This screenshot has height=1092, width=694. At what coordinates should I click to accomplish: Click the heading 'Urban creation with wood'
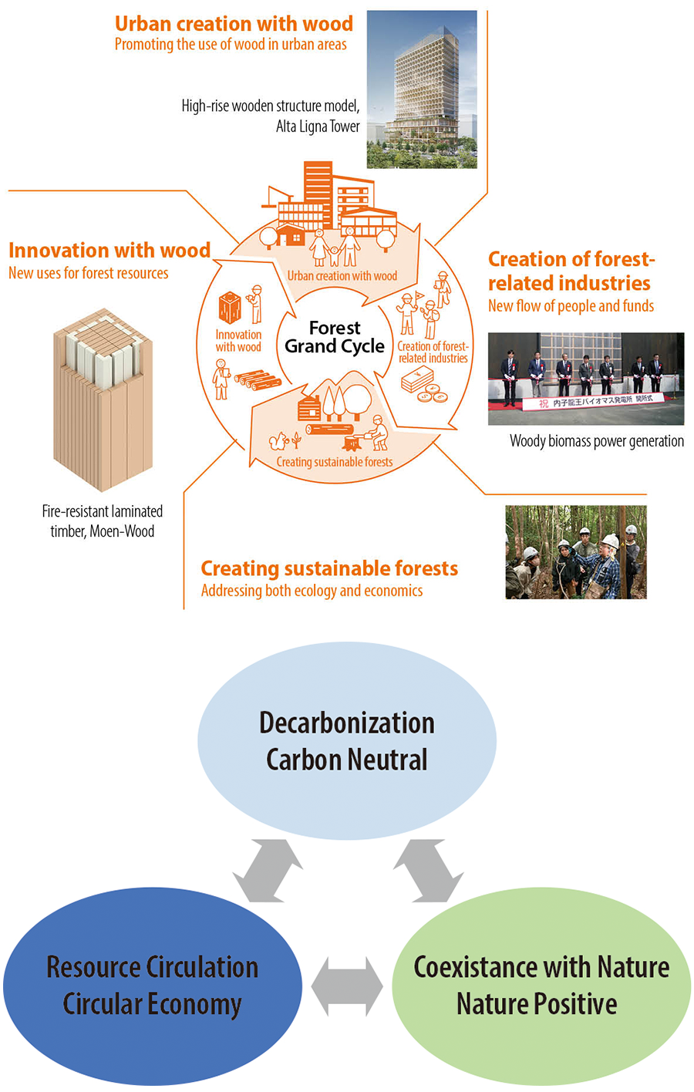click(x=234, y=24)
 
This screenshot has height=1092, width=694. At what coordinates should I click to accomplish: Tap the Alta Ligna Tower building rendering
click(x=421, y=89)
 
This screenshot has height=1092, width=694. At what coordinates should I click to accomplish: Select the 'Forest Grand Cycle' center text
click(x=334, y=337)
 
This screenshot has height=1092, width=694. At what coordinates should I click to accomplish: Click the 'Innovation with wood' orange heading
click(x=109, y=251)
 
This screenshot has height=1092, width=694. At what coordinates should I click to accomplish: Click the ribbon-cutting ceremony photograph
click(x=585, y=378)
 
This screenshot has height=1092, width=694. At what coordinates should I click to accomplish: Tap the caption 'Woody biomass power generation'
click(x=596, y=441)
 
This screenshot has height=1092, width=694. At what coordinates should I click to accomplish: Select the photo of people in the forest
click(x=575, y=552)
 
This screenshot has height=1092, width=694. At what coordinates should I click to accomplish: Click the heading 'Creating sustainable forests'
click(x=329, y=569)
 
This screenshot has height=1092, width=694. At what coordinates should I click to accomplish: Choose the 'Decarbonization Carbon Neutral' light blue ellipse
click(x=346, y=740)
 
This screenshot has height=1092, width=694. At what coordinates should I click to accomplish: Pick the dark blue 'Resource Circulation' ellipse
click(x=152, y=986)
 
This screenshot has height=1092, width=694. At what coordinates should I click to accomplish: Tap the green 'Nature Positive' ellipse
click(x=541, y=986)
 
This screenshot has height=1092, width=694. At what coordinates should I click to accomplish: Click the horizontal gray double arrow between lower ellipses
click(x=346, y=986)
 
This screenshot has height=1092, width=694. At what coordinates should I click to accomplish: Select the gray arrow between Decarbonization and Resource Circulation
click(x=268, y=871)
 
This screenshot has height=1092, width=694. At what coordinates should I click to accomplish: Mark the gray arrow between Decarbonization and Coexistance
click(x=428, y=871)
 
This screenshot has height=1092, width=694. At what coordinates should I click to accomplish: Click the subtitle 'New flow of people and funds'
click(x=571, y=306)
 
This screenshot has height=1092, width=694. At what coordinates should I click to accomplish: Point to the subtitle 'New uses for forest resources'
click(x=88, y=273)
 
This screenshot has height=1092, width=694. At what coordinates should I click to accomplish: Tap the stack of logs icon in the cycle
click(x=258, y=379)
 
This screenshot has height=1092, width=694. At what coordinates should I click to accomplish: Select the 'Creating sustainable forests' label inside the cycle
click(x=334, y=462)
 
